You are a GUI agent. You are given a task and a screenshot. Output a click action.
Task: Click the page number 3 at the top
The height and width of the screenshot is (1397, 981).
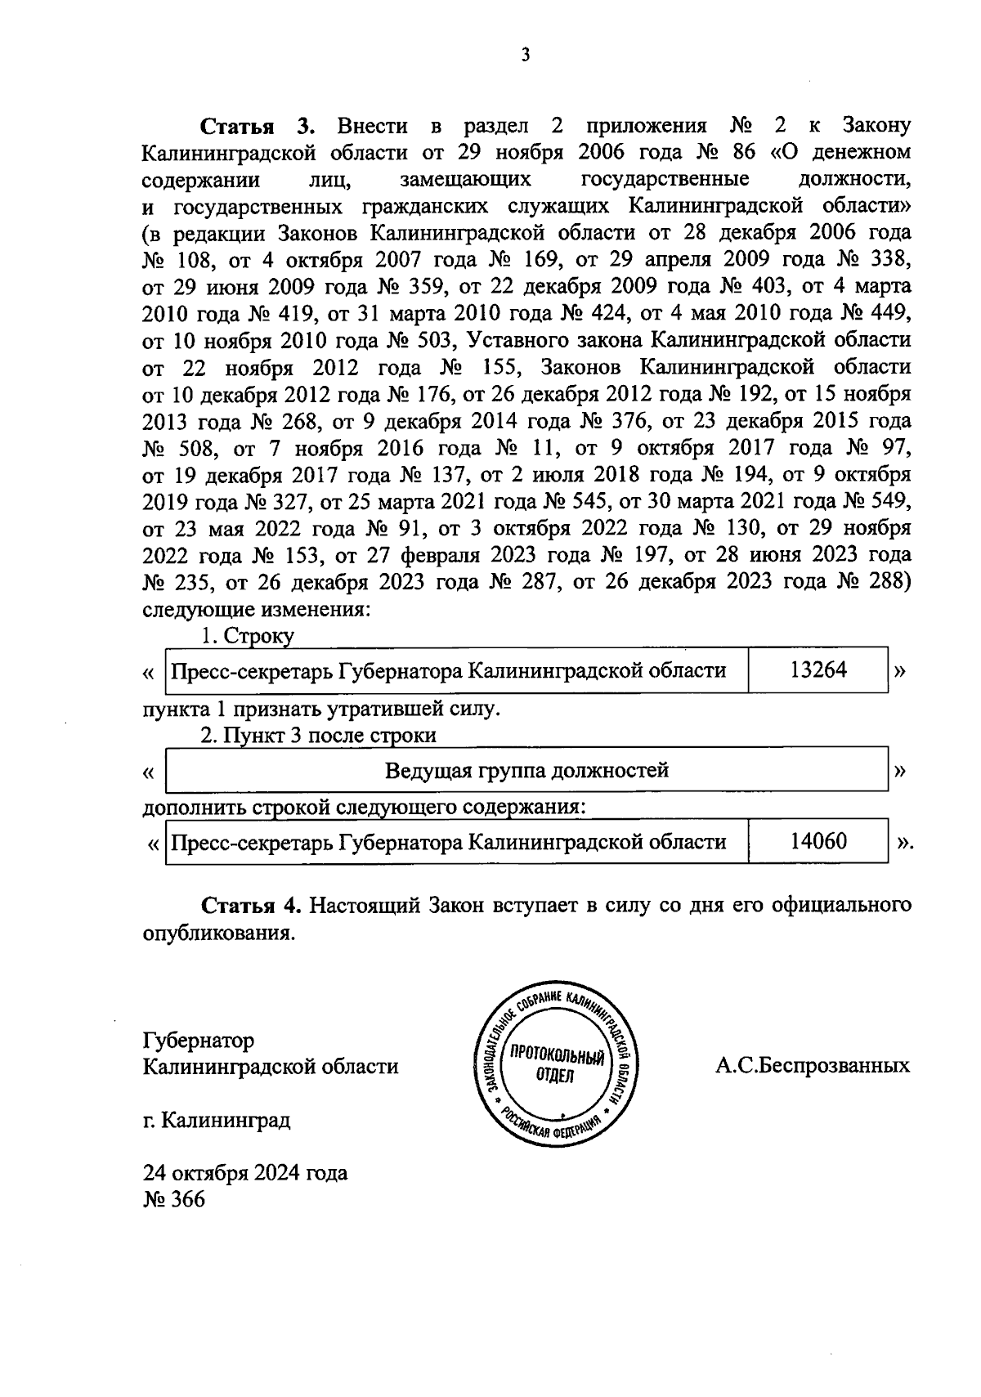click(526, 56)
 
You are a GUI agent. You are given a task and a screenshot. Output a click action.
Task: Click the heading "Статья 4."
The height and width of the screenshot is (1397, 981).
click(252, 906)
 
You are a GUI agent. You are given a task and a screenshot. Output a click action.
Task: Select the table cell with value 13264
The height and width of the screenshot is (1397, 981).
click(817, 670)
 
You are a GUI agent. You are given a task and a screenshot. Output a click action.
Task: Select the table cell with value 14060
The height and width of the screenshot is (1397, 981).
click(817, 841)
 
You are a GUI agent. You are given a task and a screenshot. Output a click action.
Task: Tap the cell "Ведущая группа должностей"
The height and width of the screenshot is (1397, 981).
click(526, 770)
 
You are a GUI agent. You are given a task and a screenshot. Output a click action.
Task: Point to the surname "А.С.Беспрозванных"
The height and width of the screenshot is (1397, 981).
click(812, 1066)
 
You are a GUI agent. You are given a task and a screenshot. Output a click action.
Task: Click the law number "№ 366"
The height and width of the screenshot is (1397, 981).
click(174, 1199)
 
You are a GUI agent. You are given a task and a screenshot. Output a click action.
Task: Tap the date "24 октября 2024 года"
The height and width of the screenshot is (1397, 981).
click(245, 1173)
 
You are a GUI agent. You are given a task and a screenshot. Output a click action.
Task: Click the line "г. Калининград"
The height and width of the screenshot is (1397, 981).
click(217, 1119)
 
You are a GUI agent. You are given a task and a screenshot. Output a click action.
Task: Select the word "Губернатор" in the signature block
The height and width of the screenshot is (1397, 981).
click(199, 1040)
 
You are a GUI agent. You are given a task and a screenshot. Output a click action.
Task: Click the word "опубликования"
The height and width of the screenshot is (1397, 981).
click(218, 933)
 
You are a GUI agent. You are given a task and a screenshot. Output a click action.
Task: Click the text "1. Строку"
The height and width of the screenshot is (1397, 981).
click(248, 636)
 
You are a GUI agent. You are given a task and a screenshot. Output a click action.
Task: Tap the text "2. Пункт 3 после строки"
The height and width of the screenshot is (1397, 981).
click(319, 735)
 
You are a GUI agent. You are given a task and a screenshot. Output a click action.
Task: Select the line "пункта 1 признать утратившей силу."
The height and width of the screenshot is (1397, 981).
click(320, 708)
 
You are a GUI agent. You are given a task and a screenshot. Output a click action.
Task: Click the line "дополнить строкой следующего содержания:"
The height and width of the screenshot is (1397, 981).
click(365, 807)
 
